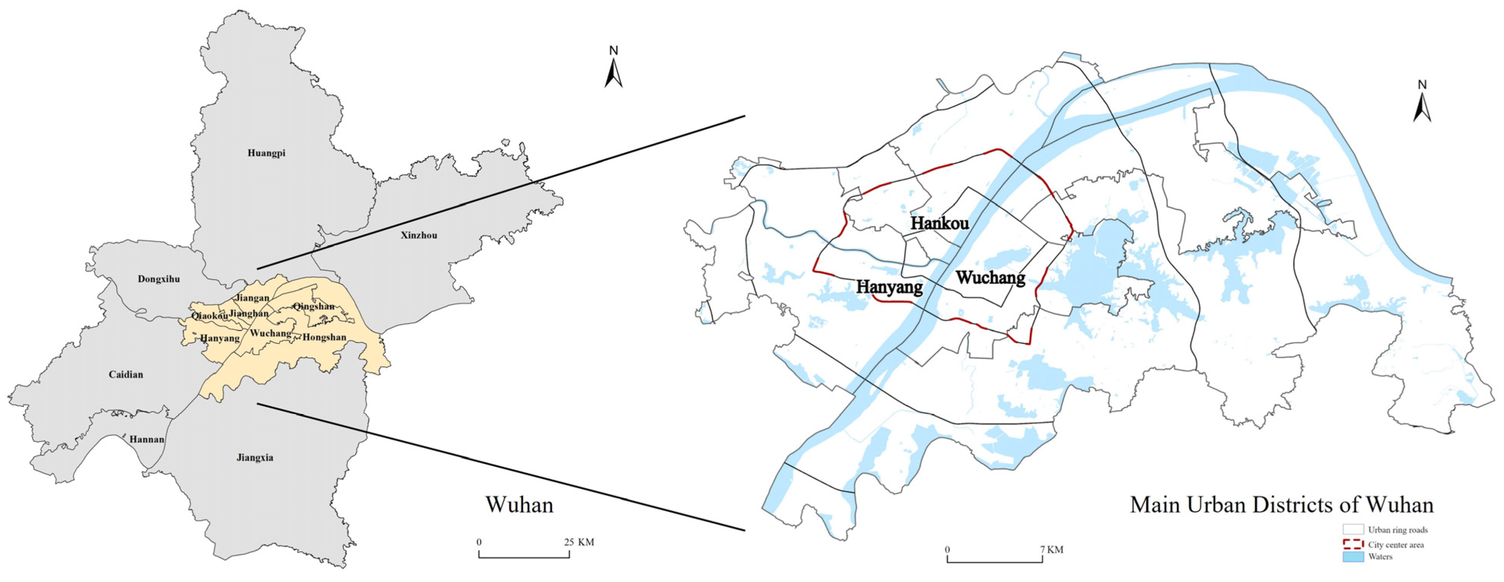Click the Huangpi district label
coord(266,153)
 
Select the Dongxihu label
coord(159,280)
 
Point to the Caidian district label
coord(125,375)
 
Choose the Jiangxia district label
coord(254,458)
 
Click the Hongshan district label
coord(324,337)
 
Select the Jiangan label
coord(252,298)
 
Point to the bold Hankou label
coord(939,223)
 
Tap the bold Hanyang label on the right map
coord(889,287)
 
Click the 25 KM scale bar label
coord(578,542)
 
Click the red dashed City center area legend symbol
coord(1353,545)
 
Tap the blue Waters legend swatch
coord(1353,557)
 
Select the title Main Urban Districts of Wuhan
coord(1282,505)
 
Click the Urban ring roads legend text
coord(1398,530)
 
